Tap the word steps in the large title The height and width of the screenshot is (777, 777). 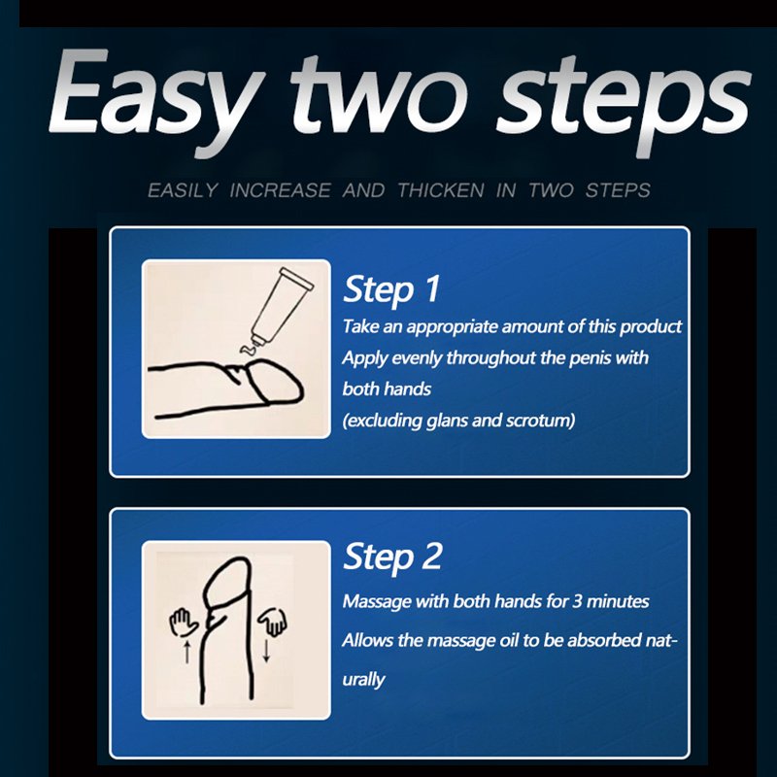(625, 107)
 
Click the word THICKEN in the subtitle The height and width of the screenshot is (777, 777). (441, 190)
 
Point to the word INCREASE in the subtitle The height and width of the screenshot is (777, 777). (280, 190)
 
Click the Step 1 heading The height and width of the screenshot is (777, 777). (391, 288)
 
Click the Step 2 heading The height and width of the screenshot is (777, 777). (392, 557)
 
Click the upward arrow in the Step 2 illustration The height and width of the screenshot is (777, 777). (186, 651)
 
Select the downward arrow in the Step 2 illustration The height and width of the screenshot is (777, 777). (266, 651)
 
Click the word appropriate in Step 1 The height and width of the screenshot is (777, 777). (452, 327)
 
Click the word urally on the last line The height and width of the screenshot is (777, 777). (363, 679)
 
